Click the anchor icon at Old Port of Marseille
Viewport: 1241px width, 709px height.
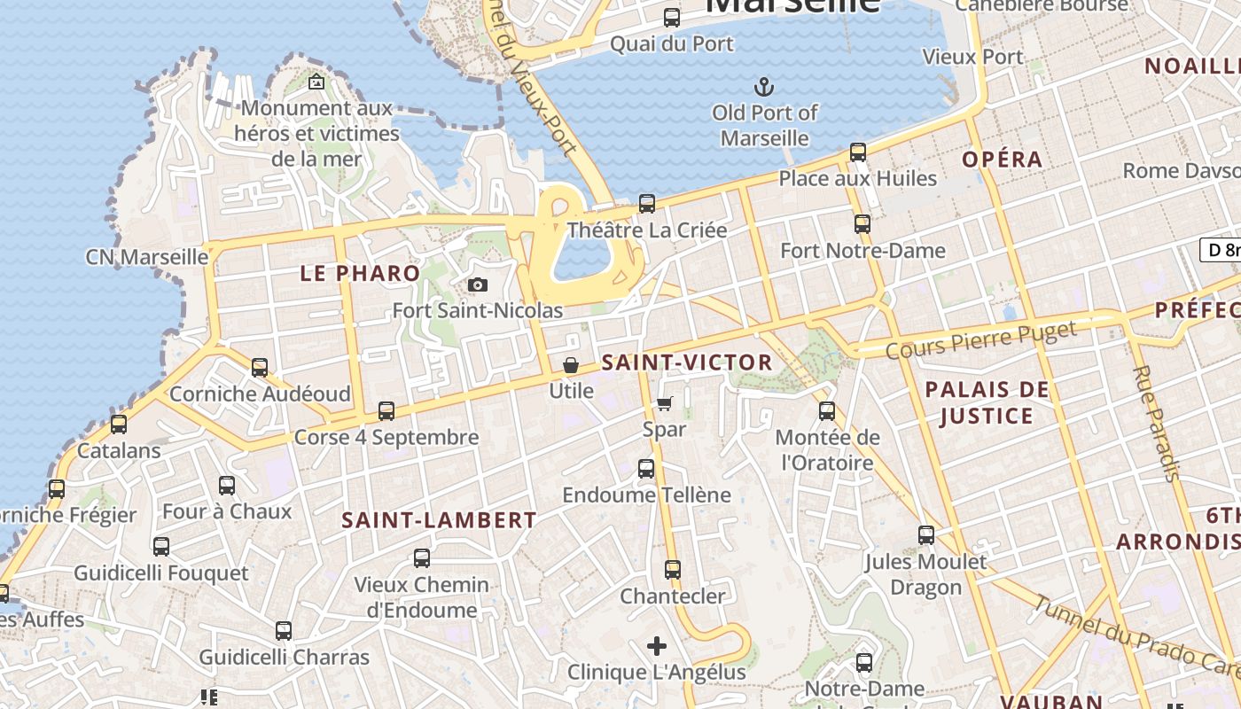[763, 87]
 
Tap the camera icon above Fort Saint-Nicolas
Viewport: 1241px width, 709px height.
[478, 284]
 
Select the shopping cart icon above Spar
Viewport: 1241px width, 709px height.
[665, 403]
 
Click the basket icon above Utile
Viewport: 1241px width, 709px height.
[571, 365]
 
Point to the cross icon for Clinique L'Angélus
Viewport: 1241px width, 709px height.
[657, 646]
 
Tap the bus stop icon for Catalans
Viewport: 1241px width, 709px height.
[119, 424]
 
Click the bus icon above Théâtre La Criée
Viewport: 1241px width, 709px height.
[647, 204]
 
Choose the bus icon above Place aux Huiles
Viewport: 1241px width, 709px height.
[858, 152]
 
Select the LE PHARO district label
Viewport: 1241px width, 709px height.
[360, 273]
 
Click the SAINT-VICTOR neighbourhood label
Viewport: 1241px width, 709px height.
[687, 362]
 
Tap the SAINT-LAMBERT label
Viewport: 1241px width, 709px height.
[440, 520]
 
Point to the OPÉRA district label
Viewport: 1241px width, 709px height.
[1003, 160]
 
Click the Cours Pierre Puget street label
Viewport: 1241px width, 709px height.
[981, 339]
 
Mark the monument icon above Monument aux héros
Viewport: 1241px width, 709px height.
[316, 82]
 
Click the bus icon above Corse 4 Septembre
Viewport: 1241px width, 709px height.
[386, 410]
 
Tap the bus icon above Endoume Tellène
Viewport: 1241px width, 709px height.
[646, 469]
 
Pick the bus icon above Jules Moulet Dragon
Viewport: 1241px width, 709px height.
[926, 535]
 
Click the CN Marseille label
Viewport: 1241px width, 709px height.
[147, 257]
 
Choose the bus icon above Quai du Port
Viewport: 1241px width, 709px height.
[672, 17]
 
